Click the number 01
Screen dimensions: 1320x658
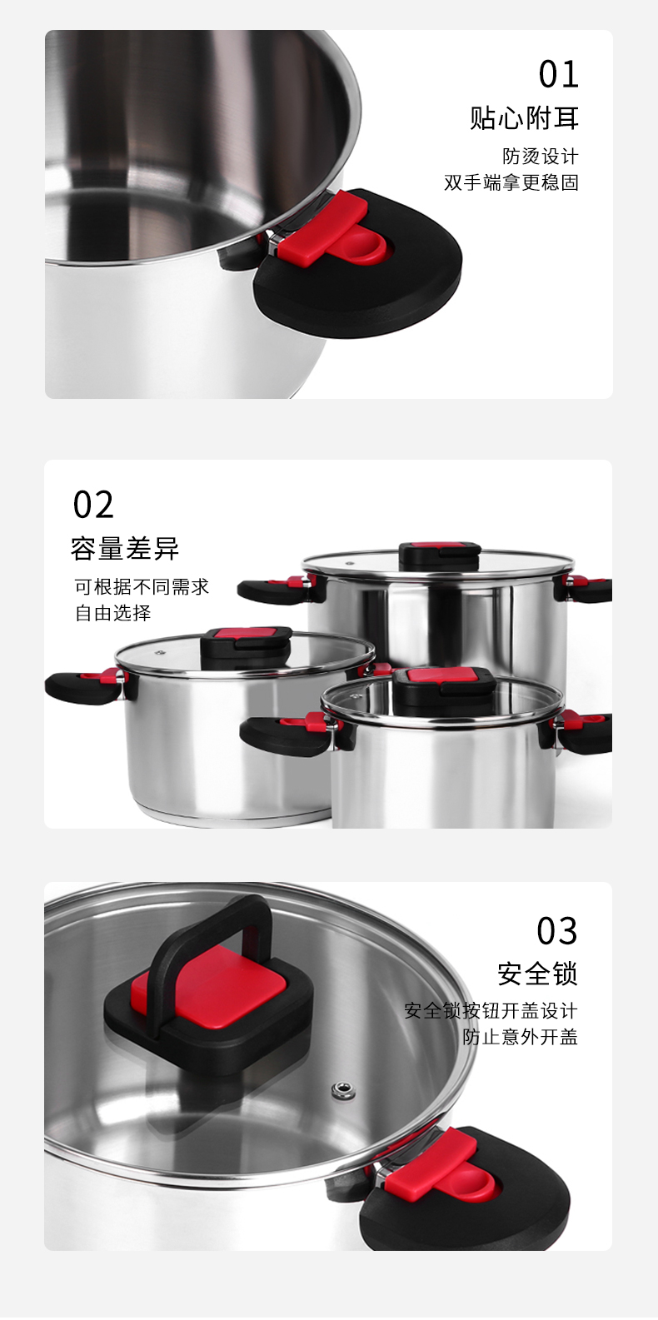pyautogui.click(x=558, y=74)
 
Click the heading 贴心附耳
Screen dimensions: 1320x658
pyautogui.click(x=524, y=118)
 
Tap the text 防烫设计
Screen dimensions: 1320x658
pyautogui.click(x=540, y=157)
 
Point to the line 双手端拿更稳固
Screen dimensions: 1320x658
pyautogui.click(x=511, y=182)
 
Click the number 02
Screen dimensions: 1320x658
pyautogui.click(x=93, y=506)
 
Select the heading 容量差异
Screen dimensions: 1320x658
pyautogui.click(x=125, y=549)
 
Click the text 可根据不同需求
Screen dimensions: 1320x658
pyautogui.click(x=142, y=587)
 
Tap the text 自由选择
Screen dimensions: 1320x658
pyautogui.click(x=112, y=613)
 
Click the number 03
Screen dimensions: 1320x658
pyautogui.click(x=556, y=931)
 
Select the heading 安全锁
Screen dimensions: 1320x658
pyautogui.click(x=537, y=974)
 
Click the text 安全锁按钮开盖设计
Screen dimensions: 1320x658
pyautogui.click(x=491, y=1011)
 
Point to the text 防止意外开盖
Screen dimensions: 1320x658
pyautogui.click(x=520, y=1037)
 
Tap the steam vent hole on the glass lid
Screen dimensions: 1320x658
pyautogui.click(x=341, y=1089)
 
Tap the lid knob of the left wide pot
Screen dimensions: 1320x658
pyautogui.click(x=247, y=643)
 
